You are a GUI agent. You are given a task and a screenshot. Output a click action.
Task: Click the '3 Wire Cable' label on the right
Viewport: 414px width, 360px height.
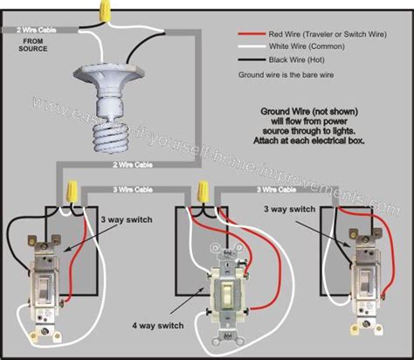point(273,190)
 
